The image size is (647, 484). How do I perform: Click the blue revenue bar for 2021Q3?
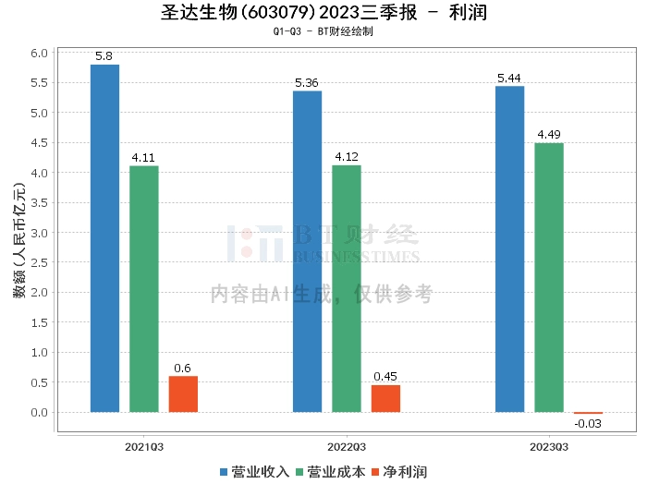104,238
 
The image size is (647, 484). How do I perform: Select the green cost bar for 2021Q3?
143,289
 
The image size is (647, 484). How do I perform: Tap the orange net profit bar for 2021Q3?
183,394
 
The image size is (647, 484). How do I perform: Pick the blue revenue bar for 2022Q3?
307,251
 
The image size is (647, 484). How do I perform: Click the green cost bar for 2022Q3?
346,289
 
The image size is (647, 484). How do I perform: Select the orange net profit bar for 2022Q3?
385,399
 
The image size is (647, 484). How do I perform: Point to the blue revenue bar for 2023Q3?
509,249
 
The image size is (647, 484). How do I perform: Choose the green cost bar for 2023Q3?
548,278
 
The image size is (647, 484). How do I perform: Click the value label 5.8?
104,56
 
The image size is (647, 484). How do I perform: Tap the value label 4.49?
548,135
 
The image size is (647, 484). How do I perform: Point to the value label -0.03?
588,424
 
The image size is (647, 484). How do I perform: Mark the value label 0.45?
385,377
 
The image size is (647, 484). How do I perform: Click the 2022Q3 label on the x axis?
347,446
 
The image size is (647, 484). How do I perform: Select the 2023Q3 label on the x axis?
549,446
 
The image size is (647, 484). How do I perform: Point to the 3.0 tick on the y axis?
39,233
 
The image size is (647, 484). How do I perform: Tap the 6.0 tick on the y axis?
39,54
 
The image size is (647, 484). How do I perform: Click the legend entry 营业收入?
255,472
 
